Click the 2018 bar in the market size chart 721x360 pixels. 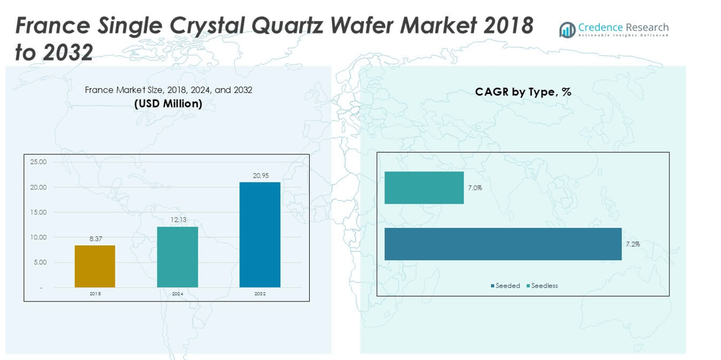click(95, 266)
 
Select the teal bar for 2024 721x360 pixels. click(178, 257)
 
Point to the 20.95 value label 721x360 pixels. click(260, 176)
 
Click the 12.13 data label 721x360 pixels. click(178, 220)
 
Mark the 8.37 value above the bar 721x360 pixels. click(95, 239)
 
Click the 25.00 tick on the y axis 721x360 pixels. click(38, 162)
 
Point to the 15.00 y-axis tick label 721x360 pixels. click(38, 212)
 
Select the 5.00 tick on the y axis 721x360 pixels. click(39, 262)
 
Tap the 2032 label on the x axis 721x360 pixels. click(260, 293)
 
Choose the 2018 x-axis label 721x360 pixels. click(95, 293)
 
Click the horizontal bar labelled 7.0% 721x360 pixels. click(424, 187)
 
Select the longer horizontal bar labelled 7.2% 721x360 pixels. click(503, 244)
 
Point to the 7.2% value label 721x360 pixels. click(633, 244)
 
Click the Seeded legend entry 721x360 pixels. click(507, 286)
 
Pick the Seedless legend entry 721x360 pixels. click(544, 286)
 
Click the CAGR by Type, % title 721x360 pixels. click(523, 92)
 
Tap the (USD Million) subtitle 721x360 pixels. click(168, 103)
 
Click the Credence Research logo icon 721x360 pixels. click(567, 30)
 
